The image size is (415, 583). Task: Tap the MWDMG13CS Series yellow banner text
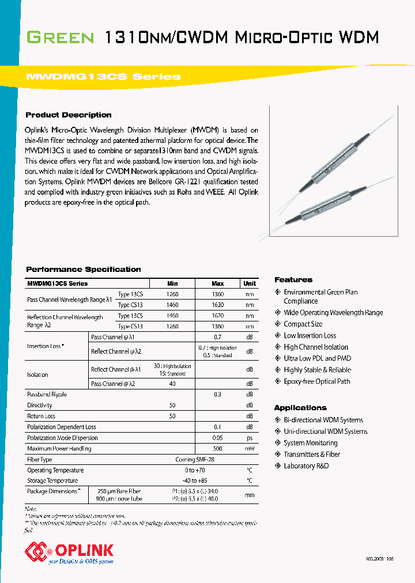[104, 77]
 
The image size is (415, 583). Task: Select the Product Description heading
[69, 115]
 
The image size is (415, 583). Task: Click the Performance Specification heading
[84, 269]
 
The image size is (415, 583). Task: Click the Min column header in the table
[172, 283]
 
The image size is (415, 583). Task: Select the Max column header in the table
[218, 283]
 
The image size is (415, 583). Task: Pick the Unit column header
[250, 283]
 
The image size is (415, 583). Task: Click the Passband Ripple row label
[47, 395]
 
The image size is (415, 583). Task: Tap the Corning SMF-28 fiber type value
[195, 460]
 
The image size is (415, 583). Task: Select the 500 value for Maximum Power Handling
[218, 449]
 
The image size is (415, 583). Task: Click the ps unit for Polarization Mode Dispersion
[250, 438]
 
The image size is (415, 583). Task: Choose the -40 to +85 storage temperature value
[195, 480]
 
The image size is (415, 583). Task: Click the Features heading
[293, 279]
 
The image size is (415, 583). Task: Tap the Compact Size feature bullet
[303, 324]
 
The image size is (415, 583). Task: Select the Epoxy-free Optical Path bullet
[316, 381]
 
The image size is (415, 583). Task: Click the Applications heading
[300, 407]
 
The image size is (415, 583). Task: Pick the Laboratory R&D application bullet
[306, 466]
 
